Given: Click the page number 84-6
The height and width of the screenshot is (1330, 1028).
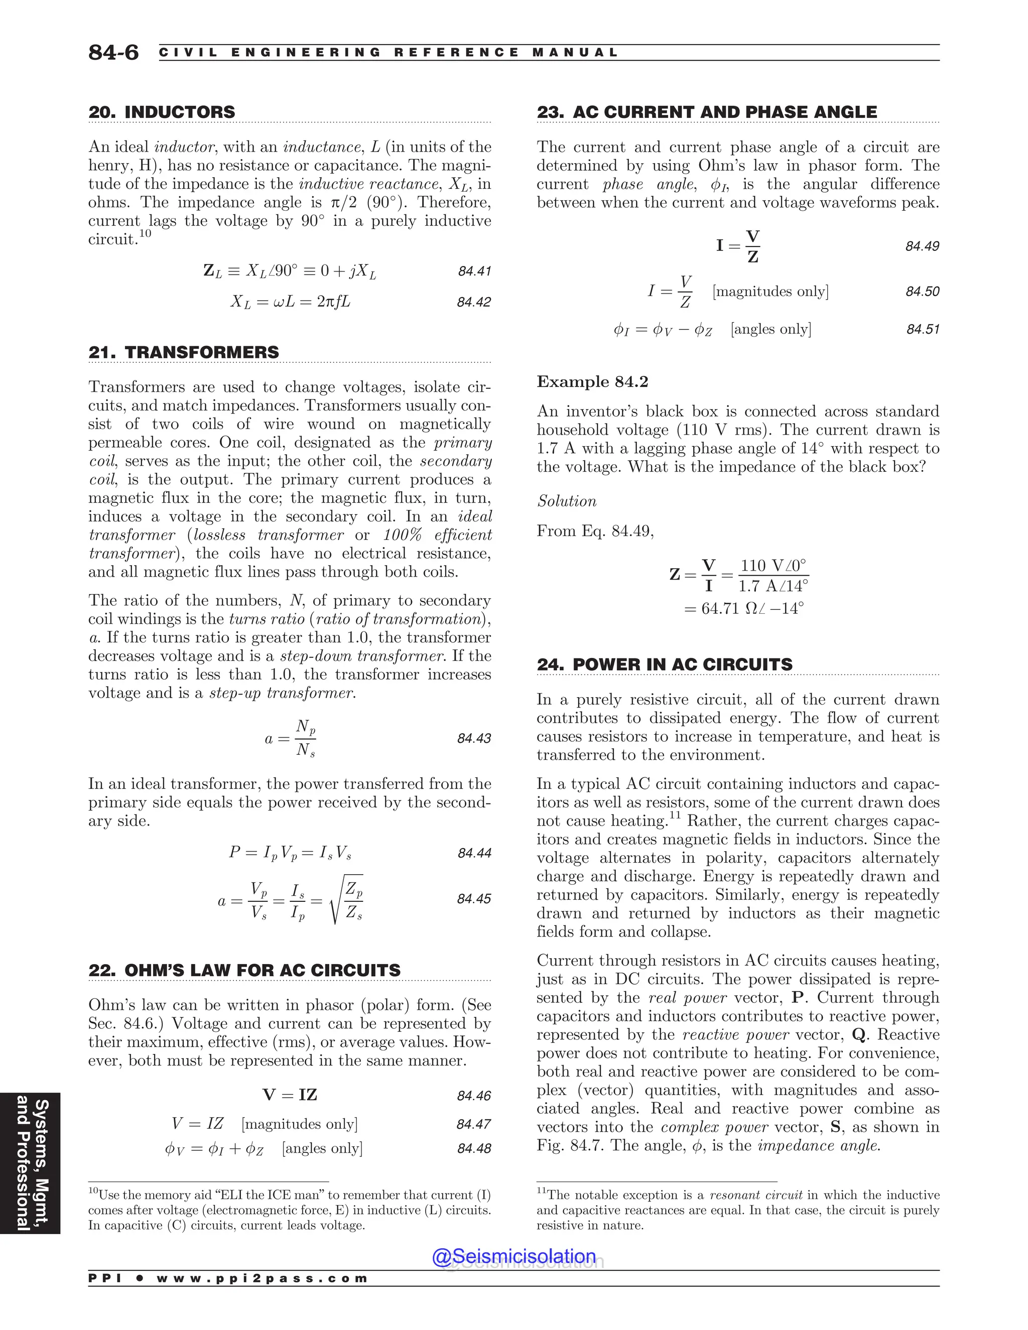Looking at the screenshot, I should pyautogui.click(x=113, y=52).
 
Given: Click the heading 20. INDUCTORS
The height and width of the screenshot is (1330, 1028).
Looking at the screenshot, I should pyautogui.click(x=162, y=112).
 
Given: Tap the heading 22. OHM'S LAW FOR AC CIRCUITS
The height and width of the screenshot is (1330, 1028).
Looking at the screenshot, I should pyautogui.click(x=244, y=970).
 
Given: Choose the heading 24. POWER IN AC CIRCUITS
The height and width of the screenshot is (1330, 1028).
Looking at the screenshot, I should pyautogui.click(x=665, y=664).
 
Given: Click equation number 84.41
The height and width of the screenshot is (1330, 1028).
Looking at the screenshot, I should pyautogui.click(x=474, y=271).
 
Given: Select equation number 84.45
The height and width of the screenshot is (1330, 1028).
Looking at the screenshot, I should pyautogui.click(x=474, y=899).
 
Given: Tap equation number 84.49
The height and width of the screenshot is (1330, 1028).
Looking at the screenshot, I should pyautogui.click(x=922, y=246).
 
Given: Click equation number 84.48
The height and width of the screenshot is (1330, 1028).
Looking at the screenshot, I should pyautogui.click(x=474, y=1148).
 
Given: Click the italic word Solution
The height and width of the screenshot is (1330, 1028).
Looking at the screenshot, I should pyautogui.click(x=566, y=501).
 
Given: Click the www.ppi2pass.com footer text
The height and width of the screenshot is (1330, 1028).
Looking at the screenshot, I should pyautogui.click(x=262, y=1278).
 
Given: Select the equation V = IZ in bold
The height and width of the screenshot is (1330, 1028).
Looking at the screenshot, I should pyautogui.click(x=290, y=1095).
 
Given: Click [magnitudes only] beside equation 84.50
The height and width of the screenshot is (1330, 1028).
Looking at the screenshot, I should pyautogui.click(x=770, y=291).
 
